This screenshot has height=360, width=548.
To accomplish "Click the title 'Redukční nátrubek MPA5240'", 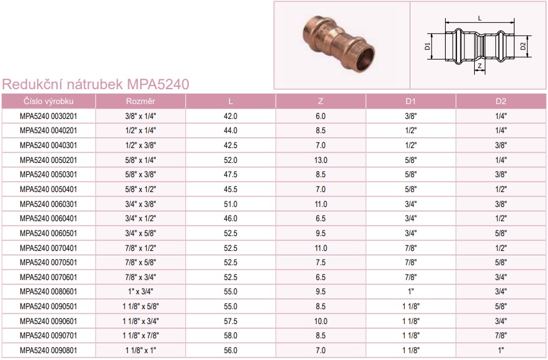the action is (x=95, y=84).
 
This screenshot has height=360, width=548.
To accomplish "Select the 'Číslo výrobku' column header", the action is (x=48, y=101).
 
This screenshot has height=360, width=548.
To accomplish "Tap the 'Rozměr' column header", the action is (x=141, y=101).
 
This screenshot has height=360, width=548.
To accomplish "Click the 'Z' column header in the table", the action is (x=320, y=101).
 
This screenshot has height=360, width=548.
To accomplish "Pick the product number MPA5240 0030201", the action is (x=48, y=116).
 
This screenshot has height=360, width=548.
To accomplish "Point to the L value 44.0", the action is (x=231, y=131).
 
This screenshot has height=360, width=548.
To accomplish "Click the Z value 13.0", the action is (x=321, y=160).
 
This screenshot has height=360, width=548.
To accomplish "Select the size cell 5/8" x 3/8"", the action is (x=141, y=175).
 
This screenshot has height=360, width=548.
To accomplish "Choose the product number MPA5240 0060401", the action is (x=48, y=219).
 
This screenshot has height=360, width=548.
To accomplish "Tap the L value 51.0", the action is (x=231, y=204).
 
